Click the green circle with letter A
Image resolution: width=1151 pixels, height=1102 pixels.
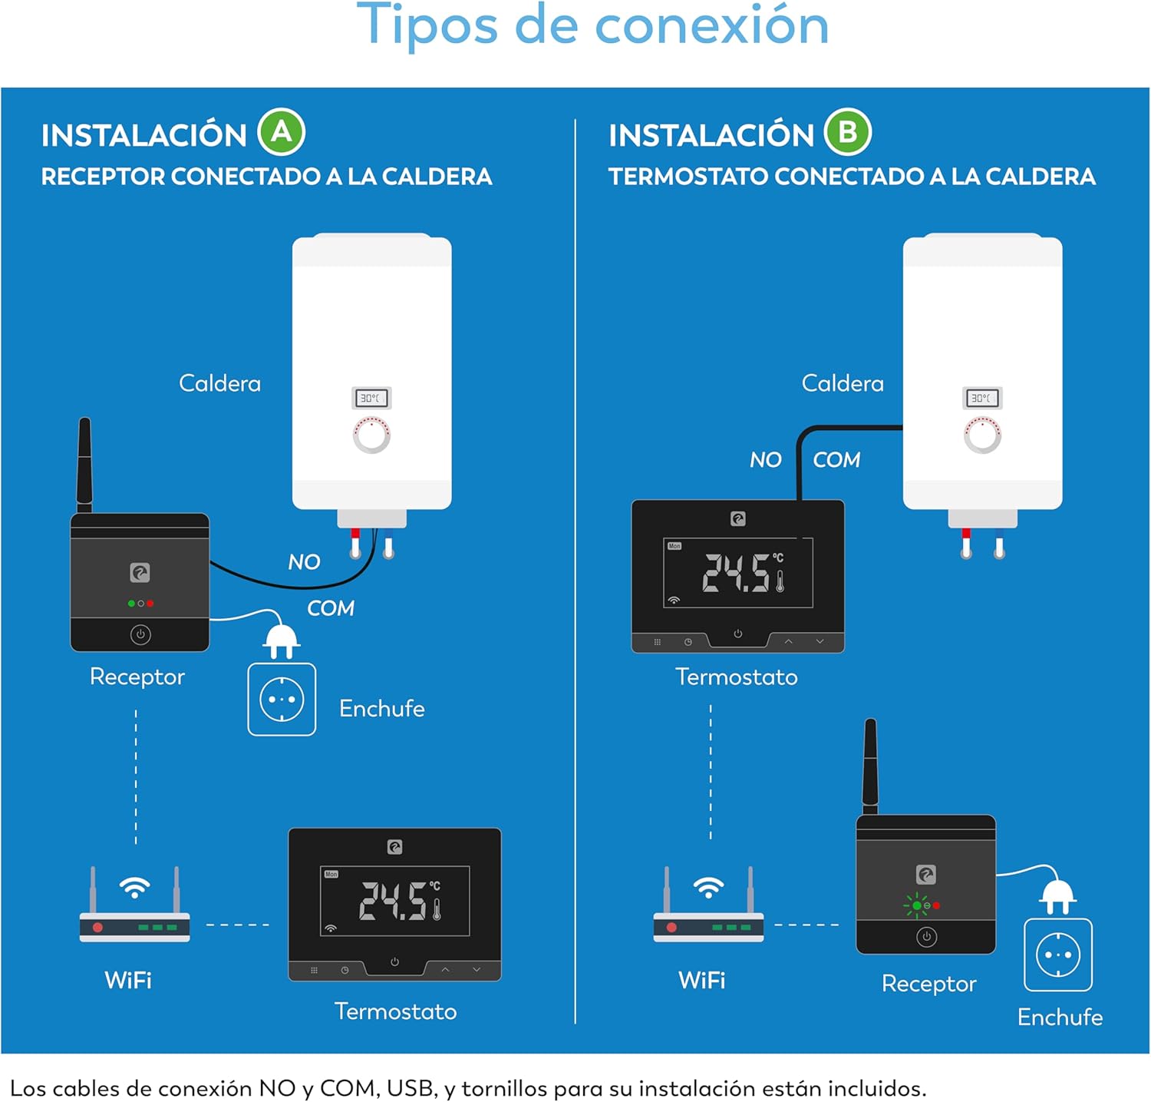tap(282, 132)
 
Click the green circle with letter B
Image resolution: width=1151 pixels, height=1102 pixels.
tap(848, 132)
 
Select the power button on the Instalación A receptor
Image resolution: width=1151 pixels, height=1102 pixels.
tap(140, 634)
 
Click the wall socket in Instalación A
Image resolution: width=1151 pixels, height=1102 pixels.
tap(282, 700)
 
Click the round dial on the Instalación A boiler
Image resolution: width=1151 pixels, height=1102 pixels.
tap(371, 435)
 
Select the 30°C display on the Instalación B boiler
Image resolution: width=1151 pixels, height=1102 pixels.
tap(982, 398)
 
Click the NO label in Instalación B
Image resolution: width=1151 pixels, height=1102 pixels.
tap(765, 460)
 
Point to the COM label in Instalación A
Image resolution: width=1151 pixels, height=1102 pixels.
tap(331, 608)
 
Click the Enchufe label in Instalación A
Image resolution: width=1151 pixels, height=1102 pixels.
tap(382, 708)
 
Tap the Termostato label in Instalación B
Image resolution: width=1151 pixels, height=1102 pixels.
tap(736, 677)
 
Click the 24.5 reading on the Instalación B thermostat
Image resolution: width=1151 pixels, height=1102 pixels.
tap(737, 573)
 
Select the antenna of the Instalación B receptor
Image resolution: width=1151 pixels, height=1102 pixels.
tap(870, 766)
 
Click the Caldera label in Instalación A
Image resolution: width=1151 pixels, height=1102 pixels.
tap(219, 383)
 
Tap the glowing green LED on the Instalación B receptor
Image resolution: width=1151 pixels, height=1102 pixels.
tap(916, 906)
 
